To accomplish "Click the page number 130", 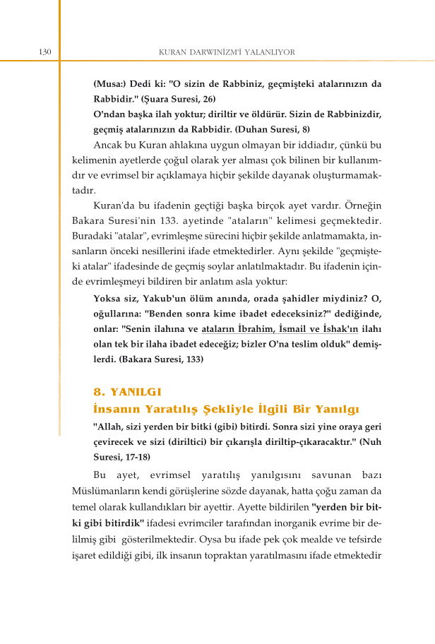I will tap(44, 52).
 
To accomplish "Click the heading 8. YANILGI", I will tap(129, 391).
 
